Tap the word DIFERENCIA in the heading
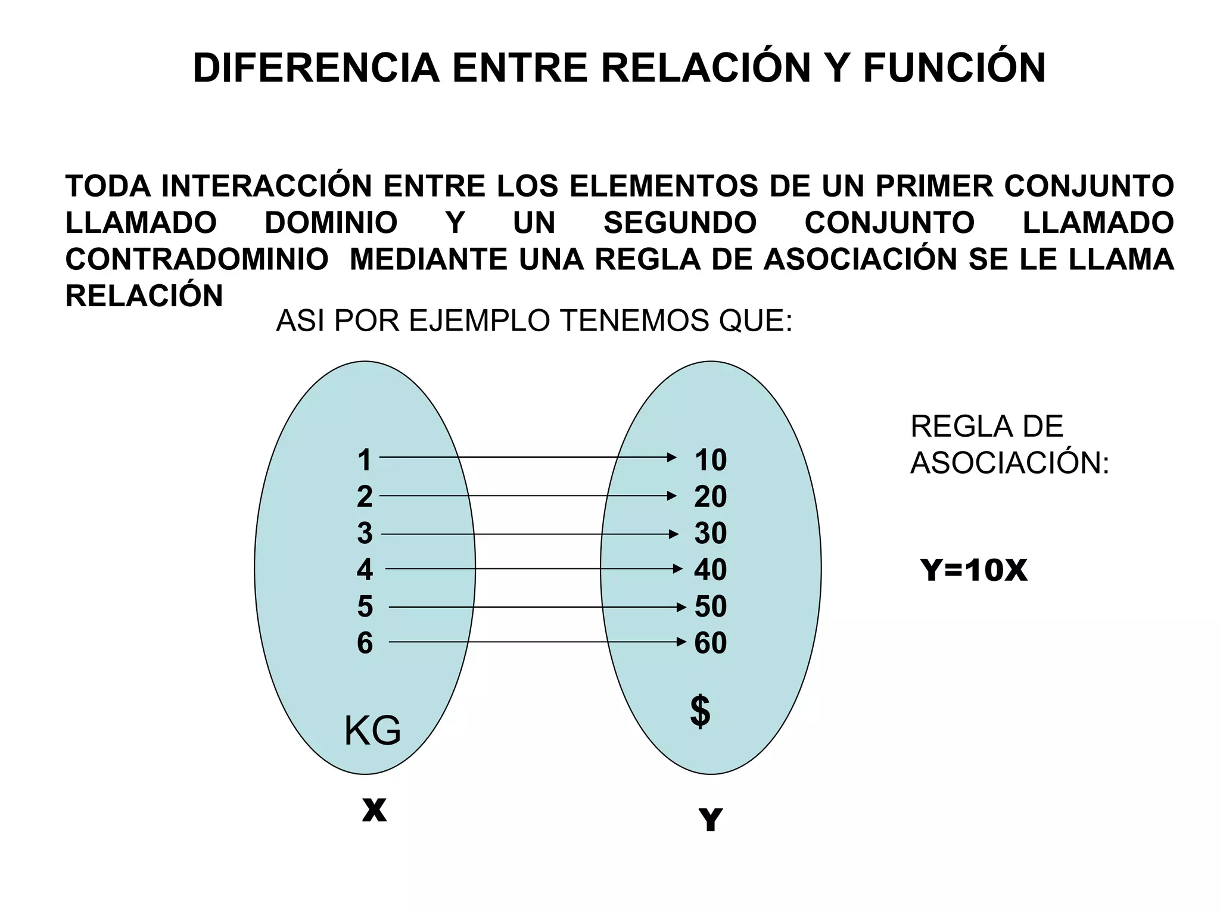tap(316, 68)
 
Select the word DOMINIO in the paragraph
tap(331, 223)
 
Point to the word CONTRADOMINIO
tap(197, 259)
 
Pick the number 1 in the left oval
tap(365, 460)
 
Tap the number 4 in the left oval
tap(365, 569)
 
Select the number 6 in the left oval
tap(365, 643)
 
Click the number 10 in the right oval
tap(710, 460)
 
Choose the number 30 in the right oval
tap(710, 533)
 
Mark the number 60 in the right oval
tap(710, 643)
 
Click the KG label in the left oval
tap(373, 731)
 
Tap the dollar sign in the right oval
tap(701, 711)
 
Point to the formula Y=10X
tap(973, 570)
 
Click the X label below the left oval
tap(374, 810)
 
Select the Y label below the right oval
tap(710, 820)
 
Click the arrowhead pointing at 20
tap(672, 496)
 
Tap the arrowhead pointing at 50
tap(681, 608)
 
